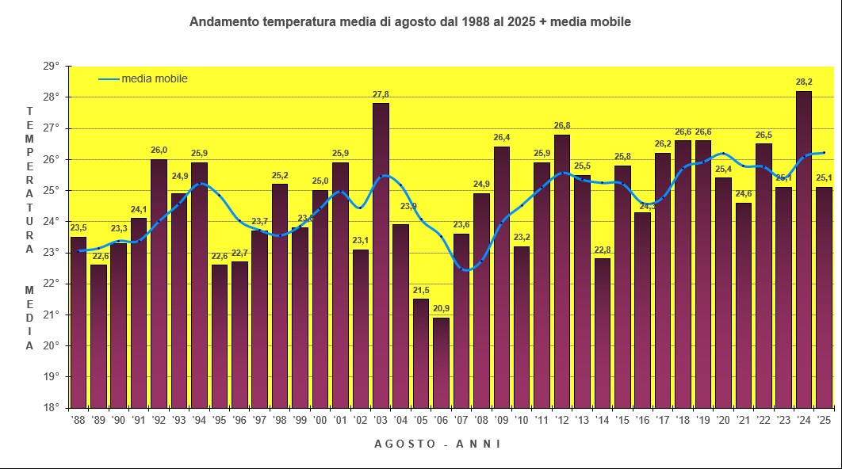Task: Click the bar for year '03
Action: (x=381, y=254)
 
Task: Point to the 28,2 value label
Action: (x=804, y=82)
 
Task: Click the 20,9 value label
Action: (x=441, y=309)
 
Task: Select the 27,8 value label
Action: (x=381, y=95)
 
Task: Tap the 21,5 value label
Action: (x=421, y=290)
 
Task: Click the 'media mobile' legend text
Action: (x=155, y=78)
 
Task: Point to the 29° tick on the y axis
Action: (x=52, y=67)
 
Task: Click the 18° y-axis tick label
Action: (x=52, y=408)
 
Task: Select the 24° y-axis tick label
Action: (x=52, y=222)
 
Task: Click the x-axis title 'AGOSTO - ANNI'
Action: (x=437, y=444)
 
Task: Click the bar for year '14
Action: (x=603, y=333)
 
